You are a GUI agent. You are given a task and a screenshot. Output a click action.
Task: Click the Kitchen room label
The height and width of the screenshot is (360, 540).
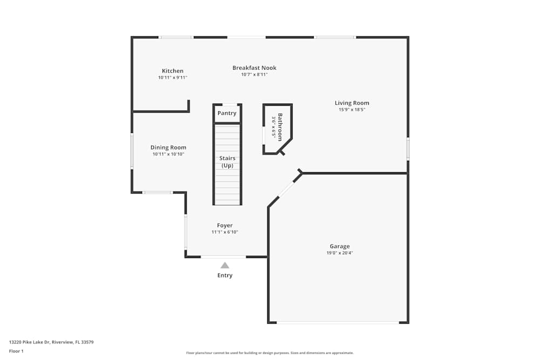173,71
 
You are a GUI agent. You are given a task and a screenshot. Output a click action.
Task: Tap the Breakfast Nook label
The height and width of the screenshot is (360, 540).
254,67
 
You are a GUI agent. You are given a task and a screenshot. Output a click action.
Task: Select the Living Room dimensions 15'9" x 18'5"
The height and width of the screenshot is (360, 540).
352,110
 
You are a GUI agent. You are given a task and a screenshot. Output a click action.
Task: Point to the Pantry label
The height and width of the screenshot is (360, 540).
227,113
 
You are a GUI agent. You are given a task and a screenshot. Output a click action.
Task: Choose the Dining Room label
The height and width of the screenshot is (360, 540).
168,147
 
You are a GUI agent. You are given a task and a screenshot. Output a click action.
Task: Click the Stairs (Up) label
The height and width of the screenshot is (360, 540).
227,162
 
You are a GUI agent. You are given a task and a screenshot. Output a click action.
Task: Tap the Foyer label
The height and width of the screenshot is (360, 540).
225,225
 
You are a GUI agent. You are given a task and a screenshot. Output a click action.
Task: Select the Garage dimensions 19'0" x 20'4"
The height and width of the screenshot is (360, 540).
340,253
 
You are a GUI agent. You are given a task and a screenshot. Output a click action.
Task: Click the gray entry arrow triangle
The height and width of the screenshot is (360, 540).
225,265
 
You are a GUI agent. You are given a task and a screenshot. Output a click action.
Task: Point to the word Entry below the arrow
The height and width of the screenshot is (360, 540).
225,275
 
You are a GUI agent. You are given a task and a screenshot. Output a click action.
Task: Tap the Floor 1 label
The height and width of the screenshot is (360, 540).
16,351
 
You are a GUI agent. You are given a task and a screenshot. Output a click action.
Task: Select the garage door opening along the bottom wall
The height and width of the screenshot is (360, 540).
338,323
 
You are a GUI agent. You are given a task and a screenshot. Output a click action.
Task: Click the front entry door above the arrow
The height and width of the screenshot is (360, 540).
224,257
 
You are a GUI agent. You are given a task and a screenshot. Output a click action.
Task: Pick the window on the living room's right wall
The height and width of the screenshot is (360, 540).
408,148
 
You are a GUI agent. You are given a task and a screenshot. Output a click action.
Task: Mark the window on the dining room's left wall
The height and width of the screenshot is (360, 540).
132,151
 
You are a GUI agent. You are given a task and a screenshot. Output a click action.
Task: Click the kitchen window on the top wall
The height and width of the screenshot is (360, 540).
176,37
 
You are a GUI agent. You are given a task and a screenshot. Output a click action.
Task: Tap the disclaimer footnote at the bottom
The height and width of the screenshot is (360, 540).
269,352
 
